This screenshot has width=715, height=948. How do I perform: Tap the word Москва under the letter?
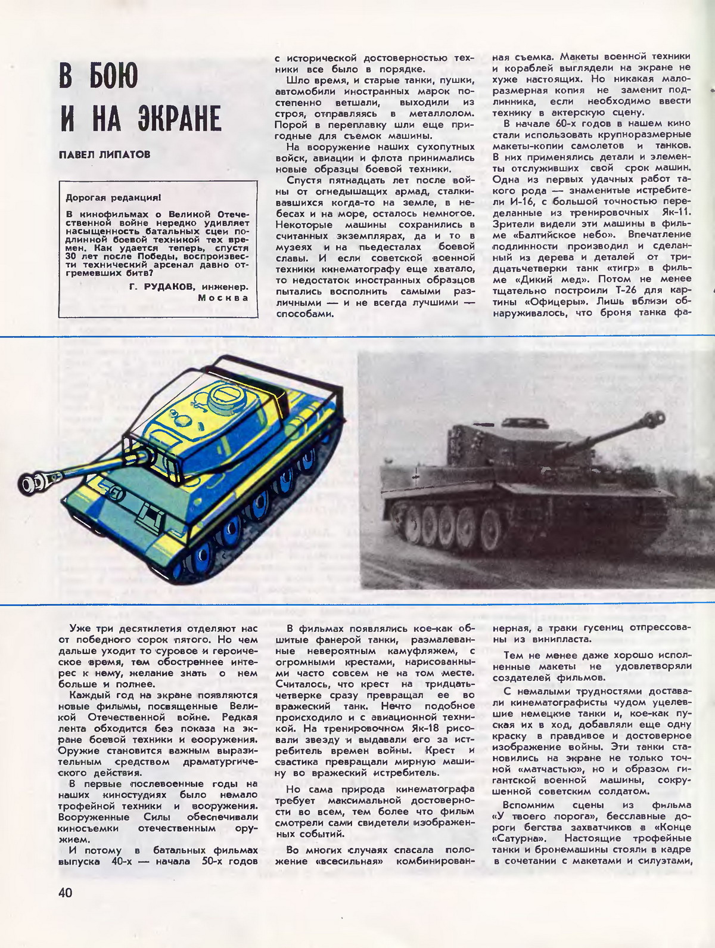pos(223,297)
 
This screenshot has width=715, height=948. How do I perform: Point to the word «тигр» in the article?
pos(604,268)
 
